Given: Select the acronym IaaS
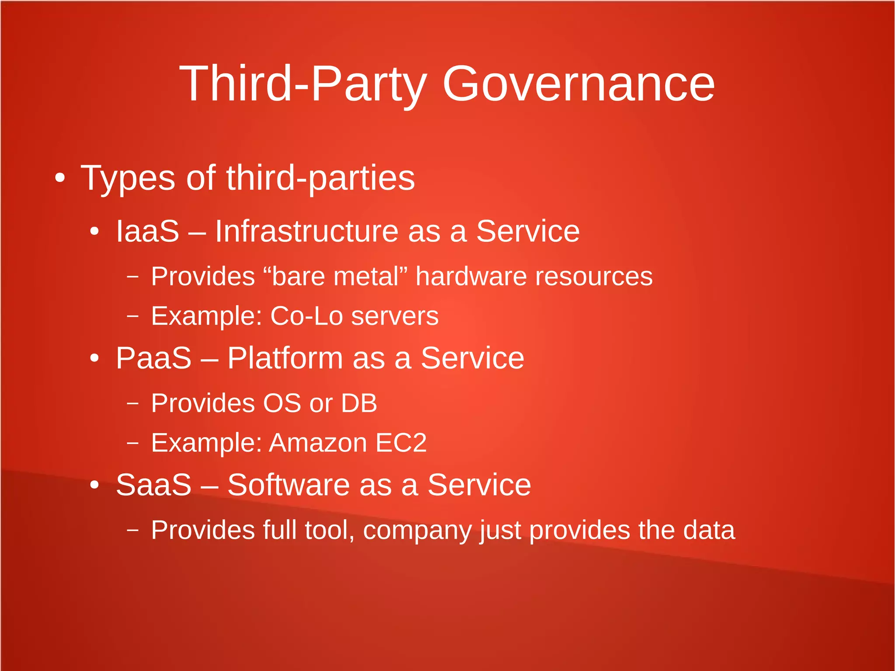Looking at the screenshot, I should pyautogui.click(x=148, y=231).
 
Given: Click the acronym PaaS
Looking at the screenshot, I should pyautogui.click(x=154, y=358).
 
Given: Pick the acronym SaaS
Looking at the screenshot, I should pyautogui.click(x=154, y=485).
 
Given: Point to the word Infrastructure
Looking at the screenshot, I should pyautogui.click(x=306, y=231).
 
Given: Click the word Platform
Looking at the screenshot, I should pyautogui.click(x=285, y=358).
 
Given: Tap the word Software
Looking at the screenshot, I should pyautogui.click(x=288, y=485).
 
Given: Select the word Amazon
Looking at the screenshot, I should pyautogui.click(x=318, y=443).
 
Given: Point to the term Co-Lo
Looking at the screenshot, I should pyautogui.click(x=306, y=316).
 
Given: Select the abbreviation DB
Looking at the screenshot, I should pyautogui.click(x=359, y=403).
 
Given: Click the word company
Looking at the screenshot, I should pyautogui.click(x=417, y=531).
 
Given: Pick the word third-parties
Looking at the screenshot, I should pyautogui.click(x=320, y=178).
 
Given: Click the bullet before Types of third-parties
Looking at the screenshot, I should pyautogui.click(x=60, y=178).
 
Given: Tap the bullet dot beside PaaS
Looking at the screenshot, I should pyautogui.click(x=94, y=358).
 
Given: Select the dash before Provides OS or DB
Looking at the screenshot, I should pyautogui.click(x=132, y=403).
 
